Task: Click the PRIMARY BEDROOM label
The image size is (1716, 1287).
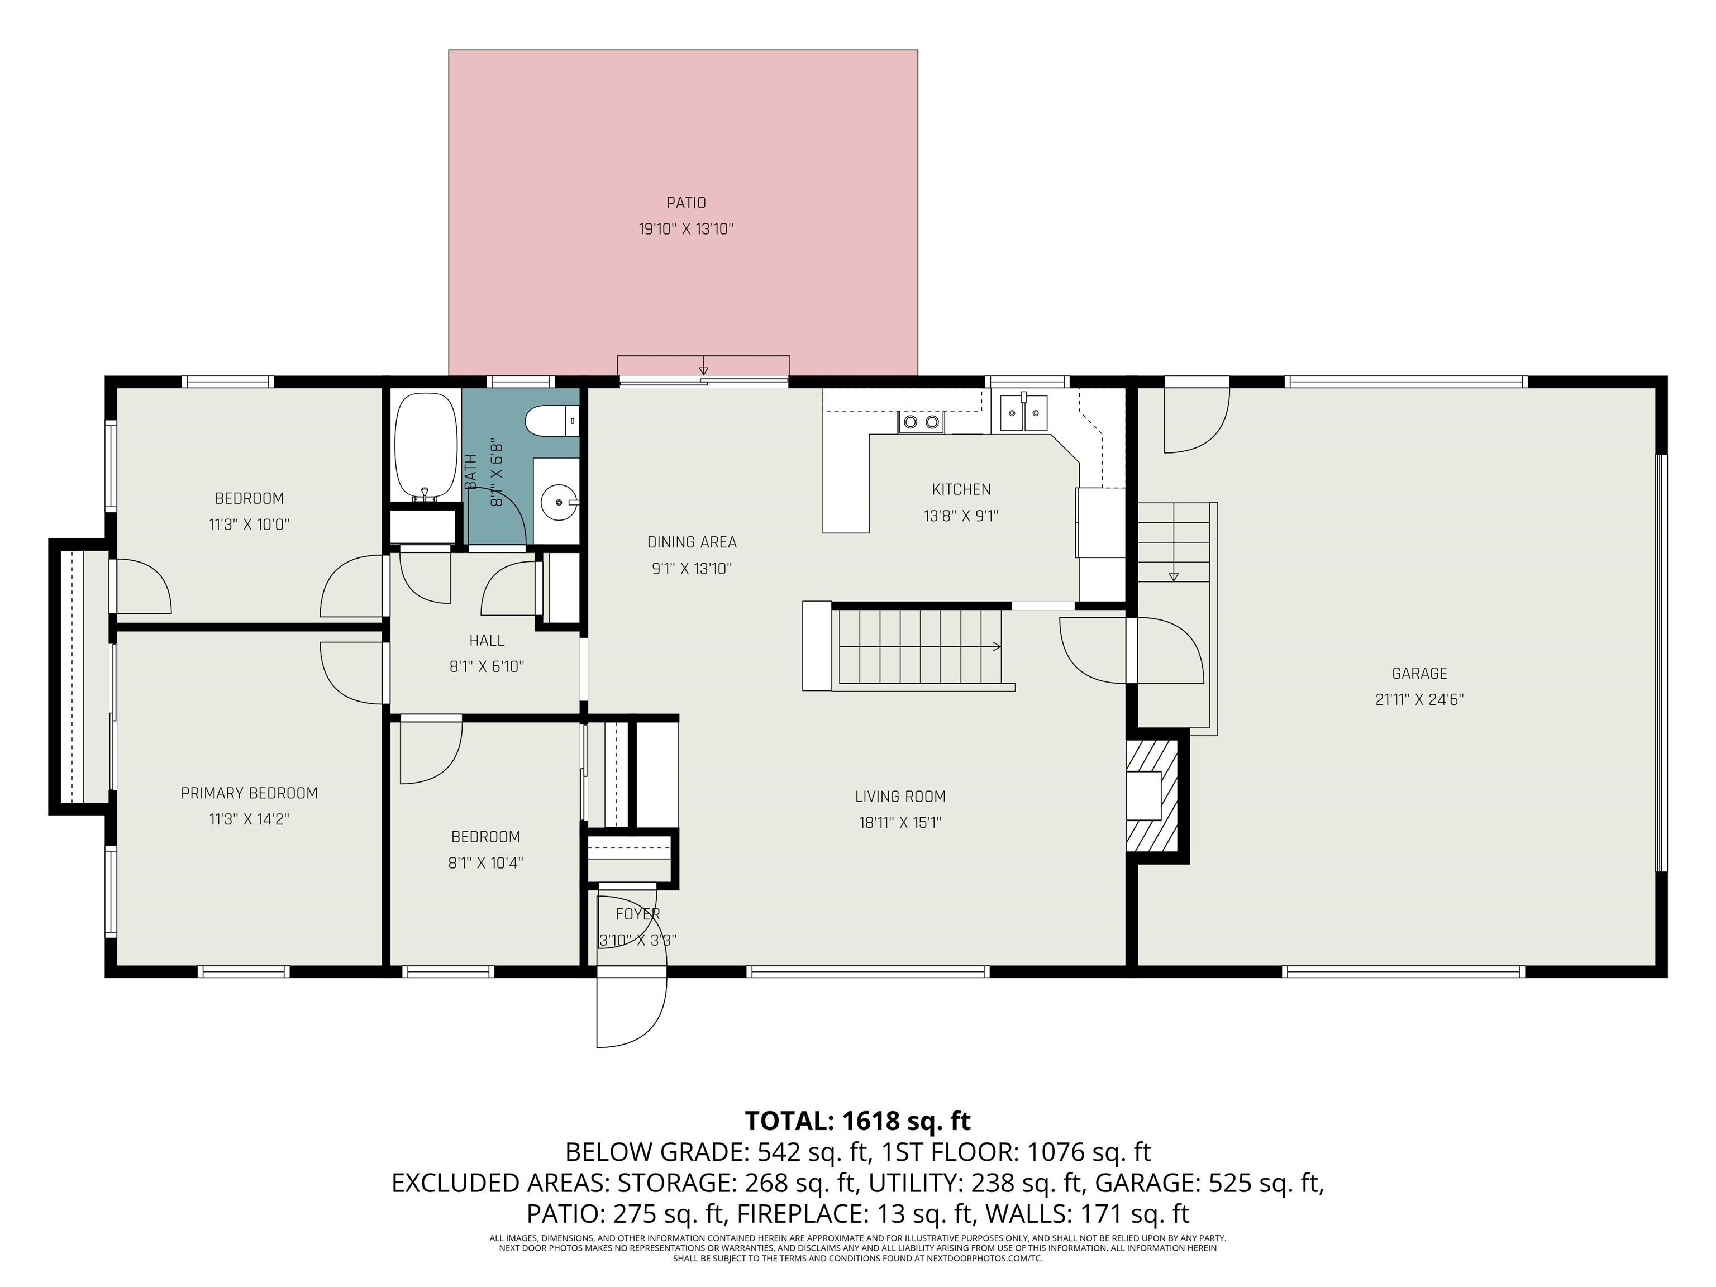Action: tap(249, 793)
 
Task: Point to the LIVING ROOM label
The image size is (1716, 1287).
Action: tap(900, 796)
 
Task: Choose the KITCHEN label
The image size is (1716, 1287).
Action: tap(960, 489)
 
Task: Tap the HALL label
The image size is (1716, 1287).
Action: tap(487, 640)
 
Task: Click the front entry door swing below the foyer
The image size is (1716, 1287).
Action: tap(630, 1008)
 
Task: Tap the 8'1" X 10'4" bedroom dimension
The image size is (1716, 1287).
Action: tap(485, 862)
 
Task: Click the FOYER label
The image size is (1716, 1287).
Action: tap(638, 914)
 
